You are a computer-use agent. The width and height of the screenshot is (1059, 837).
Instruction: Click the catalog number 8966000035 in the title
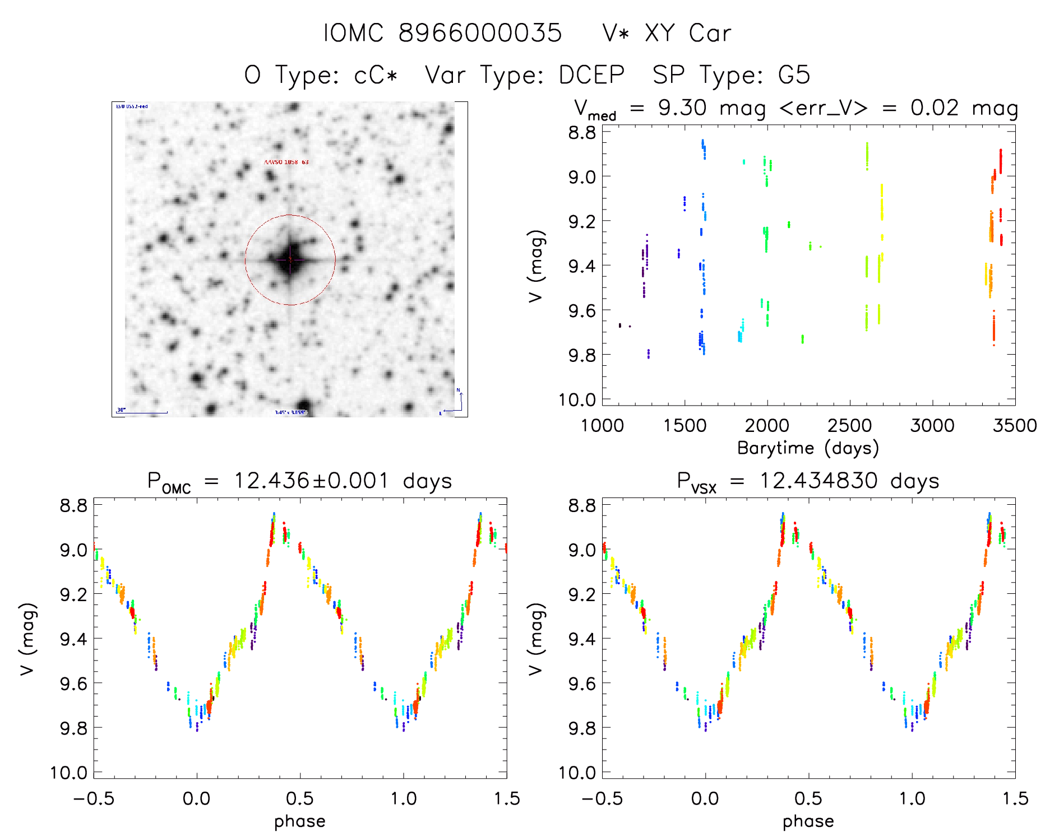click(x=480, y=33)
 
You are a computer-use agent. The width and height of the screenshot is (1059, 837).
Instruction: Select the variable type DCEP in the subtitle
click(x=591, y=75)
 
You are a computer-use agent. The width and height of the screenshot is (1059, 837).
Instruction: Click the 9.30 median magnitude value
click(x=682, y=108)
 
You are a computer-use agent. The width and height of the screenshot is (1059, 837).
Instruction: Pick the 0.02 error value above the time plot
click(x=935, y=108)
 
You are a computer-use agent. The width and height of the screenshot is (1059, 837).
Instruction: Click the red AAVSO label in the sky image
click(x=286, y=162)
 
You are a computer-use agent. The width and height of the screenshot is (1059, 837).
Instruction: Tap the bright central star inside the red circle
click(x=290, y=259)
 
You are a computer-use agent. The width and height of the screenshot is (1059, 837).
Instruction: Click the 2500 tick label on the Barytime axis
click(x=850, y=425)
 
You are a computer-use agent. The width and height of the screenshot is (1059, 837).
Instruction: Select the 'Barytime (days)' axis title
click(x=808, y=448)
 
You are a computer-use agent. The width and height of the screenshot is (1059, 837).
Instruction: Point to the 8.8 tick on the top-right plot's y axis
click(x=582, y=132)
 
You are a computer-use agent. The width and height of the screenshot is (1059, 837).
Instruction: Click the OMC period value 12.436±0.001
click(x=311, y=481)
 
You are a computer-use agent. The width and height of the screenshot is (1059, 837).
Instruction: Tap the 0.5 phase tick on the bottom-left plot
click(x=300, y=798)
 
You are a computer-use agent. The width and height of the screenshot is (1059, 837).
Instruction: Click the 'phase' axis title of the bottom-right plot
click(x=808, y=821)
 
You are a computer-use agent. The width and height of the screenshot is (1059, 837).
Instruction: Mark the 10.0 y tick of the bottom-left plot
click(x=70, y=773)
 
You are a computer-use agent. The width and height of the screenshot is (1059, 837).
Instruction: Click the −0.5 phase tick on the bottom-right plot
click(x=602, y=798)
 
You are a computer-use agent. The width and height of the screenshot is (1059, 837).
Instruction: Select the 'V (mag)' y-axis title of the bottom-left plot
click(x=28, y=639)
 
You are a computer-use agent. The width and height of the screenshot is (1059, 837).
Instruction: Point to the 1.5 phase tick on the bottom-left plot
click(x=507, y=798)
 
